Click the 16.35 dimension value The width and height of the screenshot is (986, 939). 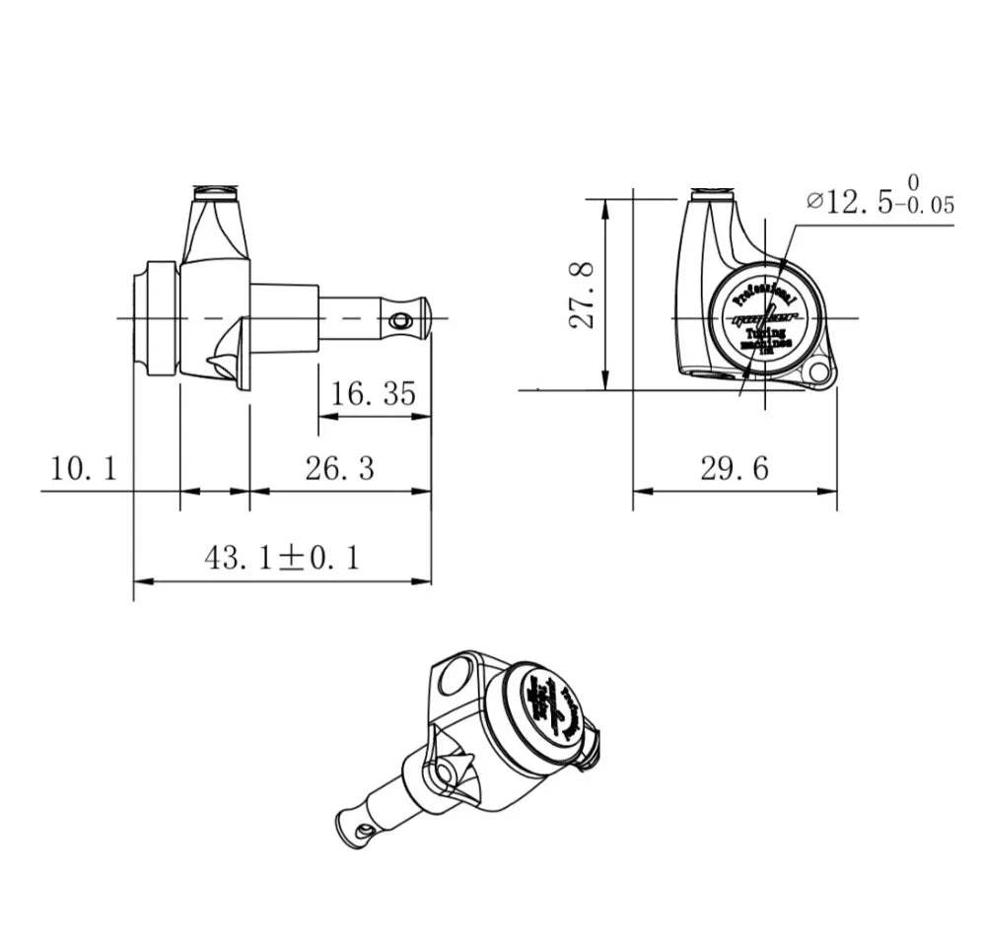pyautogui.click(x=374, y=394)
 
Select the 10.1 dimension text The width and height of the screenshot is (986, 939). pyautogui.click(x=84, y=468)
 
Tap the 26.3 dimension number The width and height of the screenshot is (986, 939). pyautogui.click(x=339, y=468)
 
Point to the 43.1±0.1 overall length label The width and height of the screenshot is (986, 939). pyautogui.click(x=282, y=559)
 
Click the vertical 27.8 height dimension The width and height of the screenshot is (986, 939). pyautogui.click(x=585, y=295)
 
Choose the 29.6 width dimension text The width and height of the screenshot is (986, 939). pyautogui.click(x=734, y=468)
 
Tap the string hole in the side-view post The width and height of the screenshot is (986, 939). pyautogui.click(x=398, y=320)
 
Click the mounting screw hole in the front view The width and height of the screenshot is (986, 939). pyautogui.click(x=816, y=372)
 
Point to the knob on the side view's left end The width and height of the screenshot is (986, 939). pyautogui.click(x=156, y=317)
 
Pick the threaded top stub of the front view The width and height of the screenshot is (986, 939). pyautogui.click(x=712, y=190)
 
